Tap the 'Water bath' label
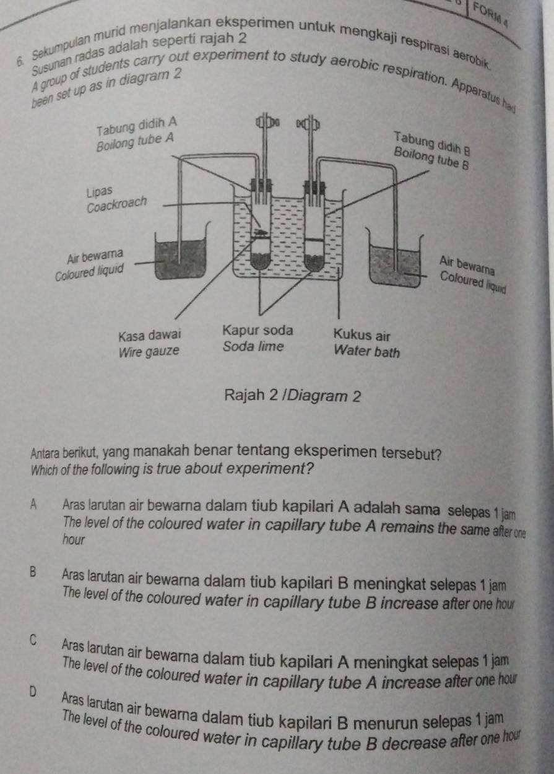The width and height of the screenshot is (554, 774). pyautogui.click(x=367, y=353)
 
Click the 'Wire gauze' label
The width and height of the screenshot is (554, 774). pyautogui.click(x=149, y=351)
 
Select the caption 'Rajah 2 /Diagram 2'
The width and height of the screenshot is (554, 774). pyautogui.click(x=293, y=397)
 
